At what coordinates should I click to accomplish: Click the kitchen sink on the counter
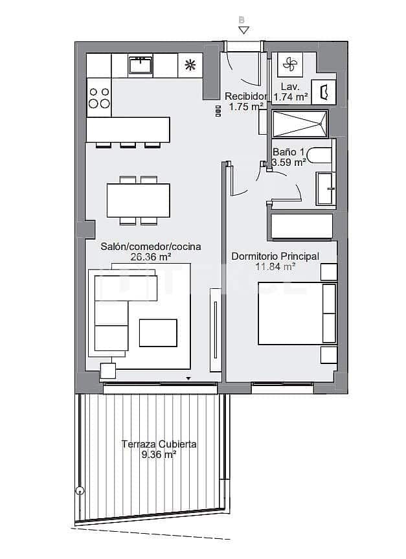pos(140,65)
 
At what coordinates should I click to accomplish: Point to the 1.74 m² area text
pos(290,97)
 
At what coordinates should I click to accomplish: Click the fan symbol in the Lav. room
pos(289,64)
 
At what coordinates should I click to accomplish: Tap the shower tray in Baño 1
pos(300,122)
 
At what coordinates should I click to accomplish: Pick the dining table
pos(139,200)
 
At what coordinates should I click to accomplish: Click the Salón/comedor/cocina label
pos(150,247)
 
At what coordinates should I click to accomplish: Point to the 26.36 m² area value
pos(150,257)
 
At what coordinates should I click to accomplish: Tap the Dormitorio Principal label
pos(275,257)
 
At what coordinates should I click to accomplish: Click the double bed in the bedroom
pos(297,314)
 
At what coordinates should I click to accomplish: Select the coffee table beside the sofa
pos(157,333)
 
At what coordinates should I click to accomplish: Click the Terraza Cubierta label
pos(159,444)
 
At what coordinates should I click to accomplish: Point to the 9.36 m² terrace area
pos(159,455)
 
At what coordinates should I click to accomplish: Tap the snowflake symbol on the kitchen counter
pos(190,64)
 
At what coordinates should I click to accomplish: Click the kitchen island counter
pos(128,130)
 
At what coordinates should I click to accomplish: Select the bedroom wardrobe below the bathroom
pos(301,227)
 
